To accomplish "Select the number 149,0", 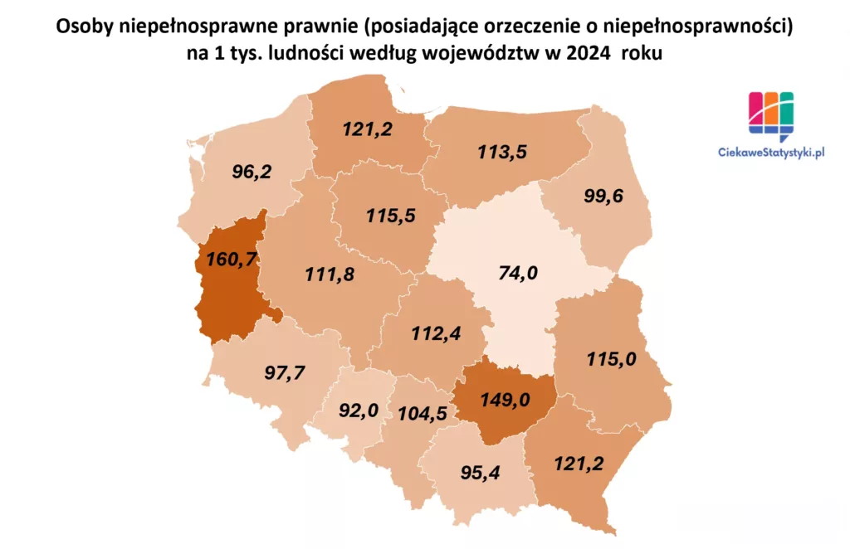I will pyautogui.click(x=505, y=401).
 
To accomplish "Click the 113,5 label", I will pyautogui.click(x=503, y=152).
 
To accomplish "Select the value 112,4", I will pyautogui.click(x=436, y=334).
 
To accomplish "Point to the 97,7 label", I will pyautogui.click(x=284, y=372).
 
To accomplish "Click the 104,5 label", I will pyautogui.click(x=423, y=412).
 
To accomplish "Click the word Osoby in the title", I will pyautogui.click(x=82, y=27).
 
